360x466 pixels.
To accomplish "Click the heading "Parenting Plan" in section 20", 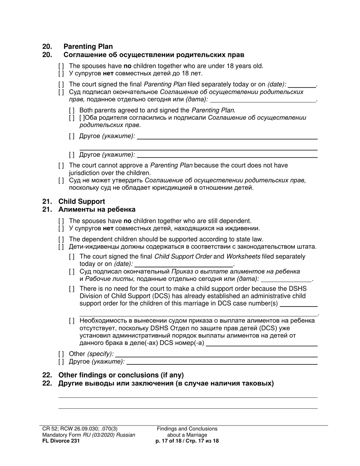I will point(88,47).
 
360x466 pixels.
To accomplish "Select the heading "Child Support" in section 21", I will point(81,202).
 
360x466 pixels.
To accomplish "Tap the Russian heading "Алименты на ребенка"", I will point(97,210).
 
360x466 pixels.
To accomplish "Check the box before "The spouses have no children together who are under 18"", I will point(61,66).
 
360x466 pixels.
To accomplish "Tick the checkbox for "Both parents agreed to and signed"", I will point(72,111).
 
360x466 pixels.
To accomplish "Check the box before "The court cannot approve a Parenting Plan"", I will point(61,166).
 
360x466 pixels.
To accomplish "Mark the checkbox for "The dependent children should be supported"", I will point(61,239).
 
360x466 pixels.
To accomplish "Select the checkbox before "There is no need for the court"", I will point(72,289).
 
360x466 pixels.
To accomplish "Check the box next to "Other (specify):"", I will point(61,354).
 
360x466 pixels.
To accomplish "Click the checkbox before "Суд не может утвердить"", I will point(61,181).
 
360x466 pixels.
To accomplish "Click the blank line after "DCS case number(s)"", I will point(298,304).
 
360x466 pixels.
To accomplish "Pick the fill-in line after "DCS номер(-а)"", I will point(261,344).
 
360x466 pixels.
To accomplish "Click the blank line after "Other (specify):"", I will point(216,354).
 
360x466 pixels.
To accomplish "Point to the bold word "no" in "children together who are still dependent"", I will point(127,221).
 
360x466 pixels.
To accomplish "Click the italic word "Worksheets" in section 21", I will point(243,256).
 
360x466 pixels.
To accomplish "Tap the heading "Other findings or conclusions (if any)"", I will point(121,375).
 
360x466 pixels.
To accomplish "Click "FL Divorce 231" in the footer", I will point(61,441).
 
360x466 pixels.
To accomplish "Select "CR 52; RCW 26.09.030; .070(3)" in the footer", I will point(80,429).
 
